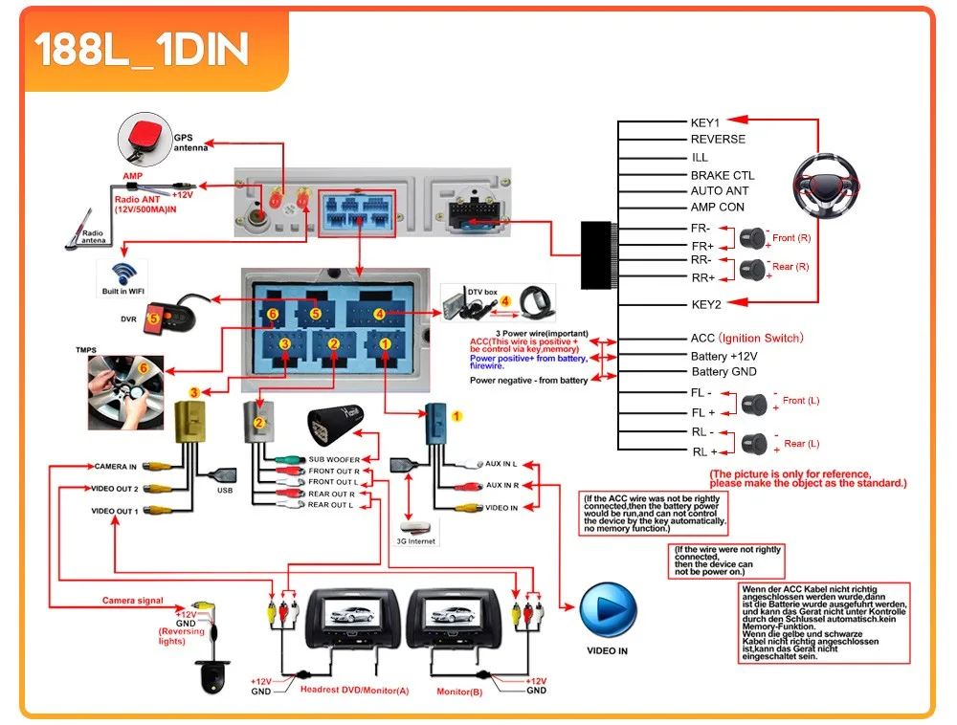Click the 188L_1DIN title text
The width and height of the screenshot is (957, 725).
pyautogui.click(x=142, y=51)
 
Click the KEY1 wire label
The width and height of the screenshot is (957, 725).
pyautogui.click(x=705, y=122)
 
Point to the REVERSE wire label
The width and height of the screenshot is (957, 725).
pyautogui.click(x=718, y=140)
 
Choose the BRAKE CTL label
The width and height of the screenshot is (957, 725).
pyautogui.click(x=723, y=176)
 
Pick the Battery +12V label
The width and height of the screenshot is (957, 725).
pyautogui.click(x=723, y=356)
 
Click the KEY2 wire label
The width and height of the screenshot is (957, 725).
pyautogui.click(x=705, y=304)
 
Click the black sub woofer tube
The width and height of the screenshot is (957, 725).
pyautogui.click(x=340, y=428)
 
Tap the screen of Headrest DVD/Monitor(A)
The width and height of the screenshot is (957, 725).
pyautogui.click(x=346, y=613)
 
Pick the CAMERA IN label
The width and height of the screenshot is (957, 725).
pyautogui.click(x=116, y=467)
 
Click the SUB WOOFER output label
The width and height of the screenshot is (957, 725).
pyautogui.click(x=334, y=460)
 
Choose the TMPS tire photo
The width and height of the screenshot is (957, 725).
pyautogui.click(x=125, y=392)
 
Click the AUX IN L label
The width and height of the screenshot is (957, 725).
pyautogui.click(x=501, y=463)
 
